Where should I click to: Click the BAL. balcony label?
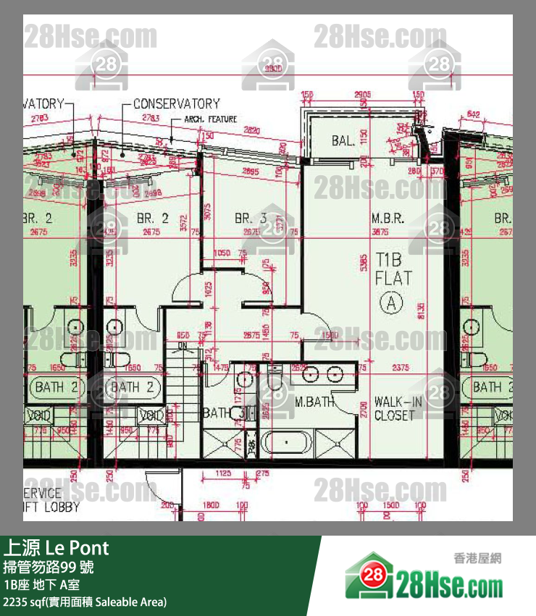(343, 140)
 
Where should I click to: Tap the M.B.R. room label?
(388, 218)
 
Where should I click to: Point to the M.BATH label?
(315, 401)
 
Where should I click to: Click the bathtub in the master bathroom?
(287, 441)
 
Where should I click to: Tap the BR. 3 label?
(251, 218)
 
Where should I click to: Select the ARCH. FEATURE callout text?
(210, 119)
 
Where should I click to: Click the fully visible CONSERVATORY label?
(176, 104)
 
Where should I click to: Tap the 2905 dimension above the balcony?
(363, 95)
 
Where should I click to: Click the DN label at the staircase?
(183, 346)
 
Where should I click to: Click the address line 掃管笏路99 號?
(49, 566)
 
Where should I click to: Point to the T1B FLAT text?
(393, 269)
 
